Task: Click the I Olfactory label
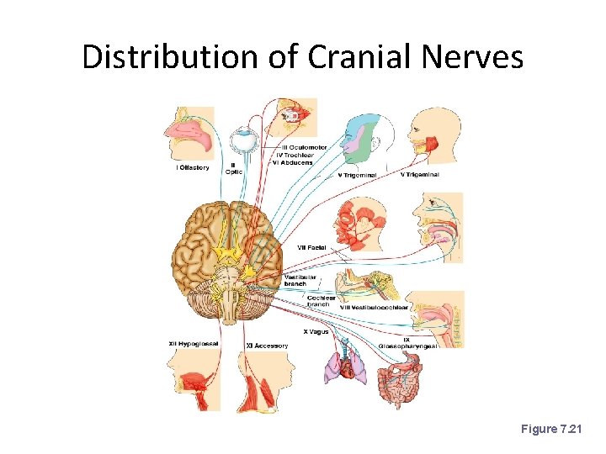[193, 167]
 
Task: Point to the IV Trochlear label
[297, 156]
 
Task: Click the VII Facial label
[311, 247]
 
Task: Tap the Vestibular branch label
[300, 280]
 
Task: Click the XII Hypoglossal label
[195, 344]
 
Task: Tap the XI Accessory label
[267, 346]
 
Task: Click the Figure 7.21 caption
[556, 430]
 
